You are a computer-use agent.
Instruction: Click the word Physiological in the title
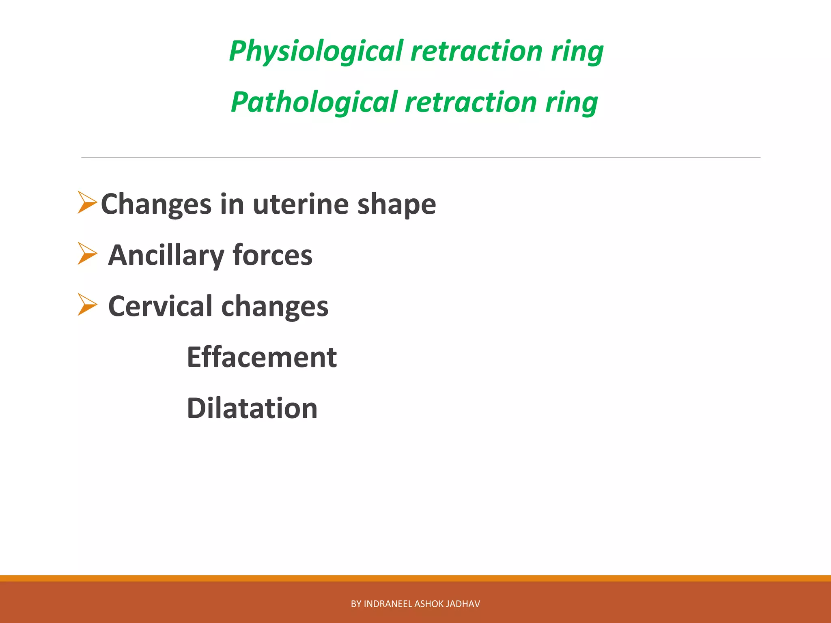pyautogui.click(x=316, y=52)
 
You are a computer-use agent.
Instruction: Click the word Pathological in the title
pyautogui.click(x=314, y=102)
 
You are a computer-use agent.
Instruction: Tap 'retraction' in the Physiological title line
pyautogui.click(x=476, y=52)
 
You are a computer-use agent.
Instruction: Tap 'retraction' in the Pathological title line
pyautogui.click(x=471, y=102)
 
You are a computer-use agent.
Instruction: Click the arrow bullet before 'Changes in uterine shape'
pyautogui.click(x=87, y=203)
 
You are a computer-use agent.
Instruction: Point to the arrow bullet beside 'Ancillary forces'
pyautogui.click(x=87, y=254)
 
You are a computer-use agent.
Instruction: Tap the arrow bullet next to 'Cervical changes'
pyautogui.click(x=87, y=305)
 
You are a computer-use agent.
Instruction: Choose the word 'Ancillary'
pyautogui.click(x=166, y=255)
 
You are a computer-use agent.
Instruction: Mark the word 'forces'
pyautogui.click(x=272, y=255)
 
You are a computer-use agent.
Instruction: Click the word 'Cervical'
pyautogui.click(x=160, y=306)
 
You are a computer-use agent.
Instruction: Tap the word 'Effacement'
pyautogui.click(x=261, y=357)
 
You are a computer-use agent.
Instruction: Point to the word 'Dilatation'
pyautogui.click(x=252, y=408)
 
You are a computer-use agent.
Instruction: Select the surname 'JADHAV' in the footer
pyautogui.click(x=463, y=604)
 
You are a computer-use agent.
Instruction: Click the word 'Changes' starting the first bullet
pyautogui.click(x=156, y=204)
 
